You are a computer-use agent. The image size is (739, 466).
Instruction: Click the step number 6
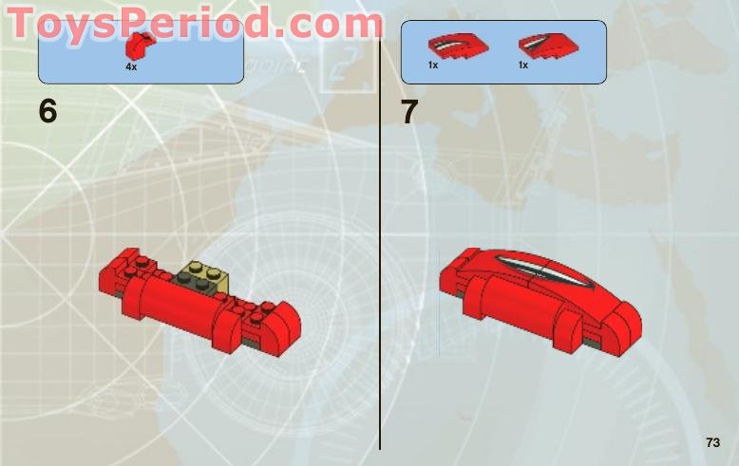click(48, 112)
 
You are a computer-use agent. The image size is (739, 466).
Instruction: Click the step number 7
click(409, 112)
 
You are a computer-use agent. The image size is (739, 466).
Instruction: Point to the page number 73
click(713, 442)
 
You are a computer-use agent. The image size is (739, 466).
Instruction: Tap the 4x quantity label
click(131, 67)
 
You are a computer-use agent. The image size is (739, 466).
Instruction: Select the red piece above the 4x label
click(139, 46)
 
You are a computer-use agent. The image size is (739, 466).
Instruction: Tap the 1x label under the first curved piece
click(433, 65)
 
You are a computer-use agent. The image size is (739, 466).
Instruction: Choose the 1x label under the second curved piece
click(523, 65)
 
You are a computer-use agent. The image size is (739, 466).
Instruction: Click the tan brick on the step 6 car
click(205, 275)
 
